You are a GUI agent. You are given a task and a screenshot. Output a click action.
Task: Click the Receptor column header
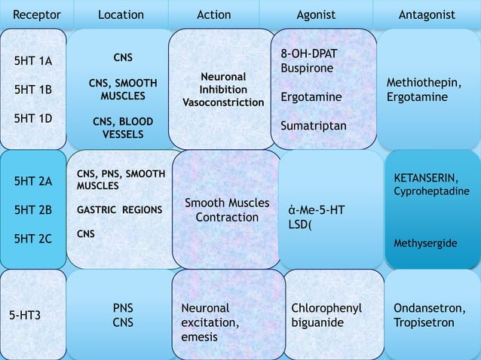coord(37,14)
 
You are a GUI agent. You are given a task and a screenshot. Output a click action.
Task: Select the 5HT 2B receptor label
coord(33,210)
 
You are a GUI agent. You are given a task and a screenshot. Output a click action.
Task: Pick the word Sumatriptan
coord(314,126)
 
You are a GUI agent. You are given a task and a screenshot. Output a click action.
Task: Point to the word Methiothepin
coord(423,83)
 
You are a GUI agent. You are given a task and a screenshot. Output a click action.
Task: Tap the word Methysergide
coord(425,244)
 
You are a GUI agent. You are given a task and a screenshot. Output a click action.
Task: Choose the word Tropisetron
coord(424,322)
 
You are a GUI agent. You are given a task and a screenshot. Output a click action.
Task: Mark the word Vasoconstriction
coord(223,102)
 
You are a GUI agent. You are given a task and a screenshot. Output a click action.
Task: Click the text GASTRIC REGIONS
coord(119,210)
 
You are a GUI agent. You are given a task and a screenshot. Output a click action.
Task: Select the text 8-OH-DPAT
coord(309,54)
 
